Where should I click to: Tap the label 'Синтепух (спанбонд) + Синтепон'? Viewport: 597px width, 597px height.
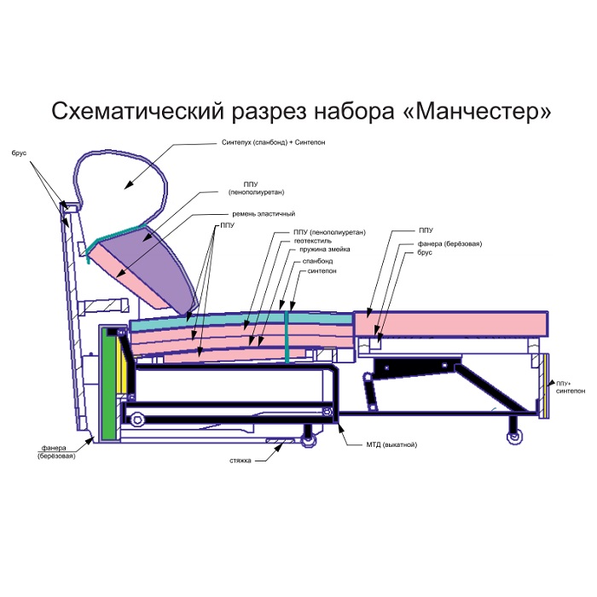(274, 142)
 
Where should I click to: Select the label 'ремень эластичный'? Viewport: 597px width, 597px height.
(264, 214)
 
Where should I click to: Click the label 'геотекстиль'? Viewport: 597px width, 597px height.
(313, 241)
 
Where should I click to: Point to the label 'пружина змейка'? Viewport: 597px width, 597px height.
(324, 249)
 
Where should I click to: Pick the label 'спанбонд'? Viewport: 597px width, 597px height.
(317, 261)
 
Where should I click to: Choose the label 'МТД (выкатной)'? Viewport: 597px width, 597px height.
(391, 444)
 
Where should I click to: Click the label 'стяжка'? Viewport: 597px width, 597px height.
(241, 461)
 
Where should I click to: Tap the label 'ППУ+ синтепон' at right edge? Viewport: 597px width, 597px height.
(571, 387)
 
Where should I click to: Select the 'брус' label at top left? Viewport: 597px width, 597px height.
(19, 153)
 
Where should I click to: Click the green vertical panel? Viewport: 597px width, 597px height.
(108, 386)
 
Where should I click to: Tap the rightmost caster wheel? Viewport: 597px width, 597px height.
(515, 438)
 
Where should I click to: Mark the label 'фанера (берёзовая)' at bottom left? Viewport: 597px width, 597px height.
(56, 452)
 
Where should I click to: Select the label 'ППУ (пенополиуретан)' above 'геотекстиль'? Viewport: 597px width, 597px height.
(329, 232)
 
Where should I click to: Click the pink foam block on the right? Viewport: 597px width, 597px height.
(451, 323)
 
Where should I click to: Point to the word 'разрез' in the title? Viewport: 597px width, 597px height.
(269, 112)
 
